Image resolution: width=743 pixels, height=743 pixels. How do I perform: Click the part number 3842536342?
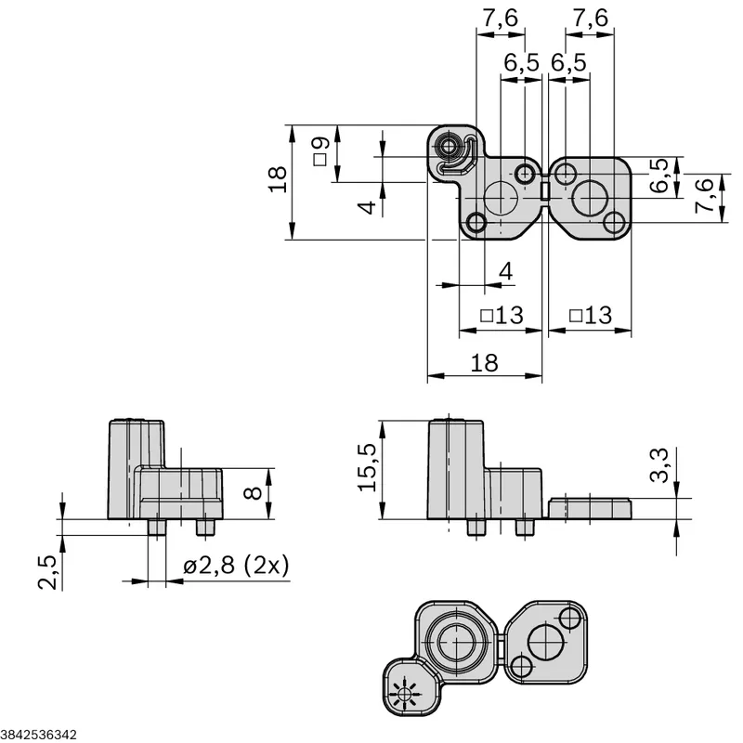pyautogui.click(x=38, y=735)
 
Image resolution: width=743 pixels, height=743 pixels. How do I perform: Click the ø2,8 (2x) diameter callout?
pyautogui.click(x=236, y=565)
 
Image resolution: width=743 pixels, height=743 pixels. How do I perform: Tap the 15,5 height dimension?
pyautogui.click(x=367, y=468)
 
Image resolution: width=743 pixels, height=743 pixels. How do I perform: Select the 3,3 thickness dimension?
pyautogui.click(x=658, y=465)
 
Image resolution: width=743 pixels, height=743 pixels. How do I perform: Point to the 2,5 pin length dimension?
pyautogui.click(x=47, y=572)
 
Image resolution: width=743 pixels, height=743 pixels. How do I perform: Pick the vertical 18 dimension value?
pyautogui.click(x=278, y=179)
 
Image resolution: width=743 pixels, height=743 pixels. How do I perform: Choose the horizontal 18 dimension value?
pyautogui.click(x=484, y=363)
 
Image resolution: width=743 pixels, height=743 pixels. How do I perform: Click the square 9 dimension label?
pyautogui.click(x=320, y=151)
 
